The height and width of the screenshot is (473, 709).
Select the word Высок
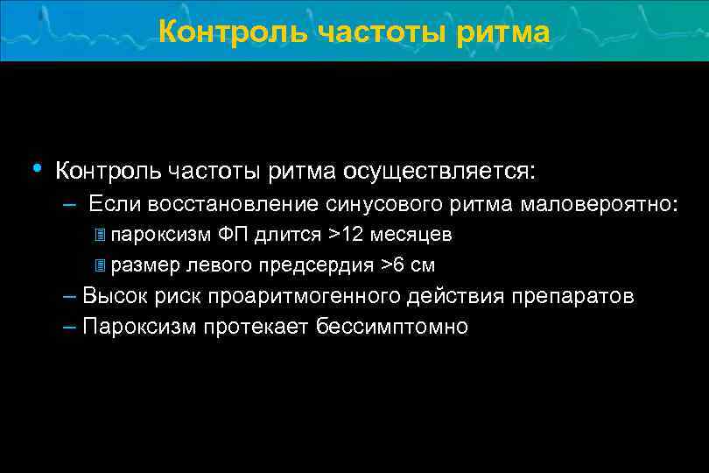tap(114, 296)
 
